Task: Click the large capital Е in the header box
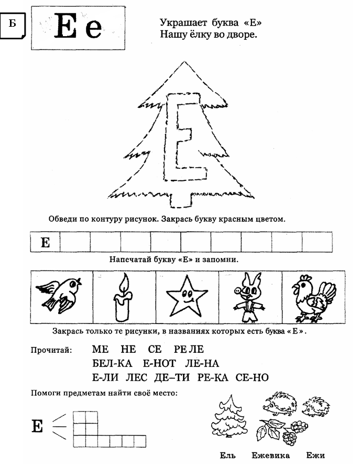[x=66, y=28]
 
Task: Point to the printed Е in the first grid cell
[x=45, y=243]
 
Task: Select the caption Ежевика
[x=270, y=455]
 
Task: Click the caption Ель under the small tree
[x=226, y=455]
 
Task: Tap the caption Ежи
[x=315, y=455]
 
